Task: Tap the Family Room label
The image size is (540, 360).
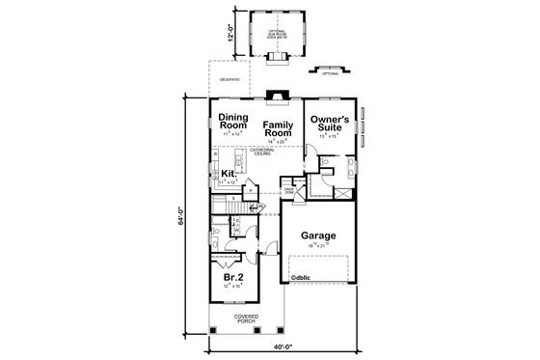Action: (279, 128)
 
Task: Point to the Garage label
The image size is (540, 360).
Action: (317, 235)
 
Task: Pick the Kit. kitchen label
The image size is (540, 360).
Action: (229, 174)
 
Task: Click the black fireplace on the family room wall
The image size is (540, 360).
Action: (279, 96)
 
